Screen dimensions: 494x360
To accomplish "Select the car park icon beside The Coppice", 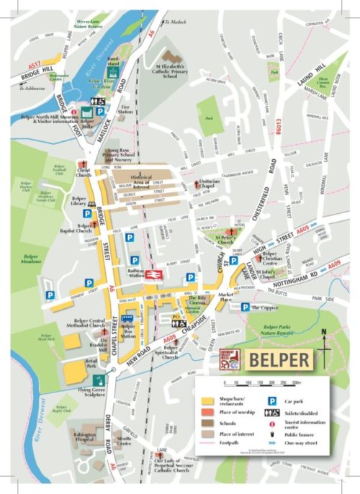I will pos(246,307).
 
